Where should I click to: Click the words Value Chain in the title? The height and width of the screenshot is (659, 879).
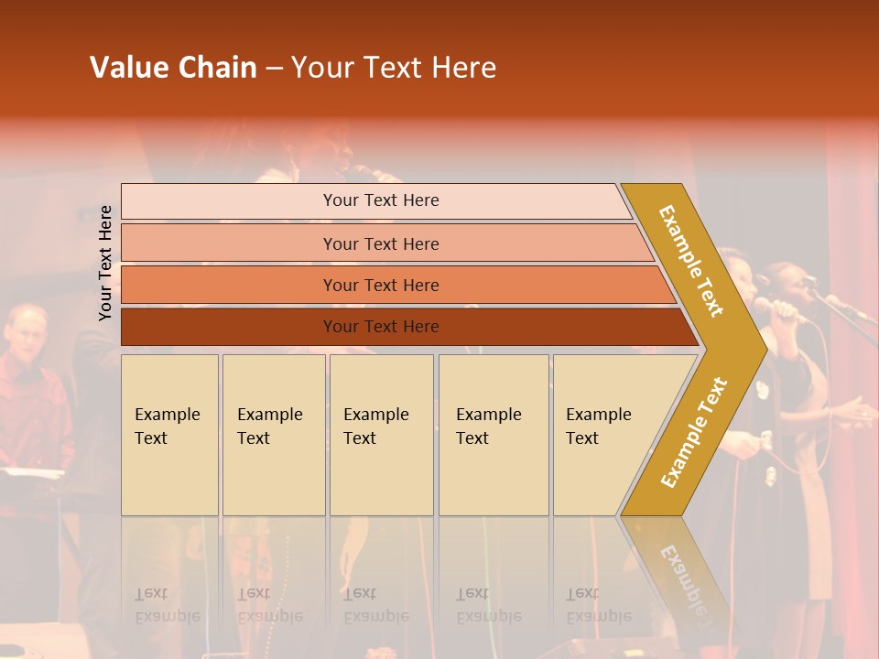pos(173,68)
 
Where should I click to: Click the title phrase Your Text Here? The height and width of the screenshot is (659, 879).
pos(394,68)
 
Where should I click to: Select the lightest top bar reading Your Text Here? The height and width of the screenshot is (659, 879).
pos(380,200)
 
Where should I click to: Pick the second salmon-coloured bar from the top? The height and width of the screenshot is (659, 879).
pos(380,243)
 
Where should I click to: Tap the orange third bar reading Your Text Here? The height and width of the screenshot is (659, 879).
pos(380,285)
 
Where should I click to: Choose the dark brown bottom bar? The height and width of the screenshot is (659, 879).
pos(380,327)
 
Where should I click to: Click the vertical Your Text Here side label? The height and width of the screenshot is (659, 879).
pos(106,263)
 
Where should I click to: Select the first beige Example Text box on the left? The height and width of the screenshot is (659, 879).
pos(169,435)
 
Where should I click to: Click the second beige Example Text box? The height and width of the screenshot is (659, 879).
pos(273,435)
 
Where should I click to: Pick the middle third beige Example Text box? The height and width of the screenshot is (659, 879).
pos(380,435)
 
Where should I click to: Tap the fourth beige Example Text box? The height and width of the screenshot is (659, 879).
pos(493,435)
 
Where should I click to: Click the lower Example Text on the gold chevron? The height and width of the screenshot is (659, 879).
pos(694,432)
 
